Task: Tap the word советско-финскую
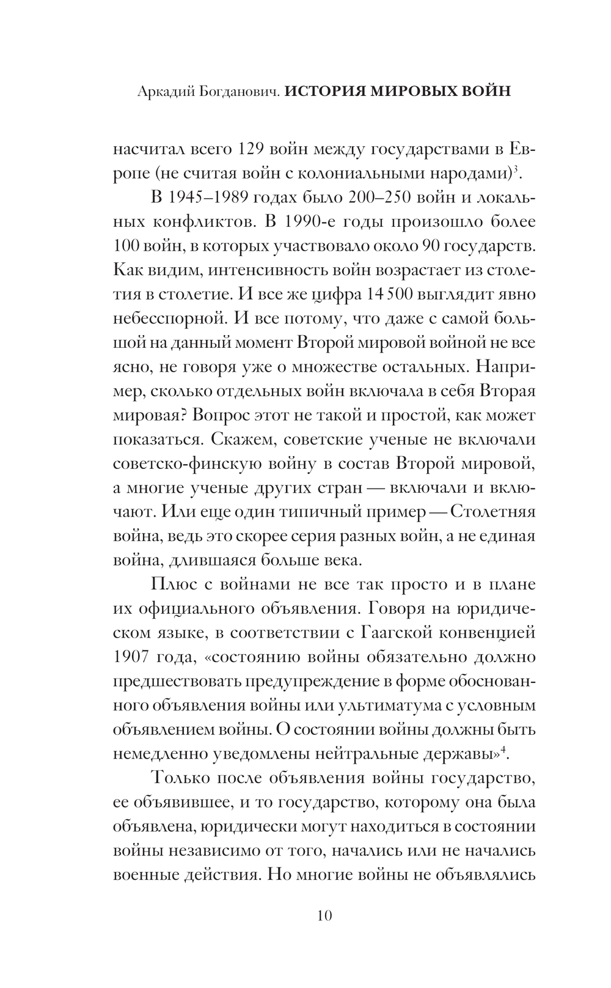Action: point(196,464)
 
